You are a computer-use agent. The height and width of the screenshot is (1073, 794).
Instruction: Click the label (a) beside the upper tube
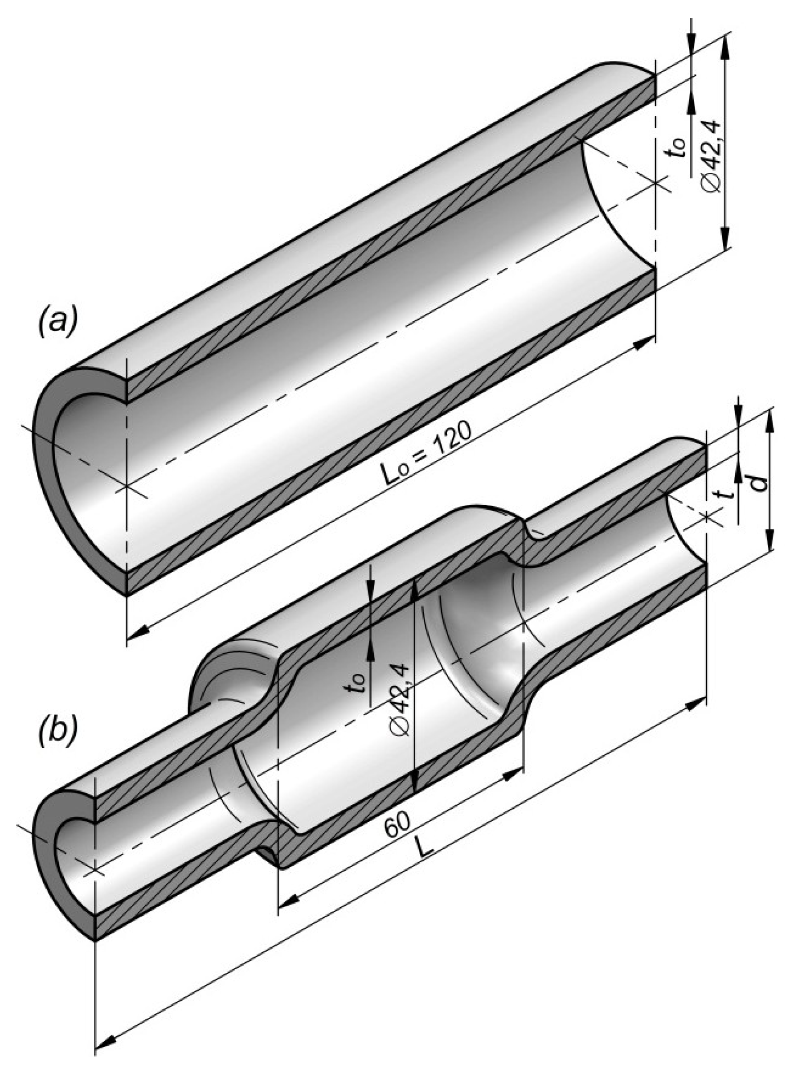[57, 323]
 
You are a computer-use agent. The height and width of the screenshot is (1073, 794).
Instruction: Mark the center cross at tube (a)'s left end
[127, 486]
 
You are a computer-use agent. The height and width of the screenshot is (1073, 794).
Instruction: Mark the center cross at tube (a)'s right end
[656, 183]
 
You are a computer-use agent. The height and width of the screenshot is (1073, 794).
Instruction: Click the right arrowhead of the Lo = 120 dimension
[643, 344]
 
